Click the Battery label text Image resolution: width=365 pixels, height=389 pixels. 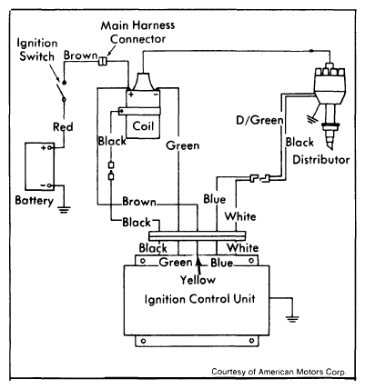click(35, 201)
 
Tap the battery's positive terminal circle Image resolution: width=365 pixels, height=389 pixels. click(49, 148)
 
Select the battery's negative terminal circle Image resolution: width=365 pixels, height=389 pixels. click(49, 185)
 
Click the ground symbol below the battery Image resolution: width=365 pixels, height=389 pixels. click(64, 210)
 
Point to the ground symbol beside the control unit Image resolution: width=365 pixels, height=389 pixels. click(292, 319)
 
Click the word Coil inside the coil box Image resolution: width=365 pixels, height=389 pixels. click(143, 126)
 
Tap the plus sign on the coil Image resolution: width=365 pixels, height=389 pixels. click(131, 95)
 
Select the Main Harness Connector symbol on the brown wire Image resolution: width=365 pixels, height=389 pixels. click(102, 61)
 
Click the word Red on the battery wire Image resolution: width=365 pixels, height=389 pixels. click(63, 126)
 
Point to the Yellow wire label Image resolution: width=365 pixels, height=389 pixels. click(198, 280)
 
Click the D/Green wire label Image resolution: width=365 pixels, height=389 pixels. click(260, 120)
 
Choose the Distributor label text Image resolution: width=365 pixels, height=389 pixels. click(321, 160)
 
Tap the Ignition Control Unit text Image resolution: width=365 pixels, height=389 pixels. click(200, 299)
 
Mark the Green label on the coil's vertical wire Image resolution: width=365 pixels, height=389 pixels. click(183, 145)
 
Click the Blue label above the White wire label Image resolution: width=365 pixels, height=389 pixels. click(215, 199)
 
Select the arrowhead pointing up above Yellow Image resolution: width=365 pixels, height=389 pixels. click(198, 263)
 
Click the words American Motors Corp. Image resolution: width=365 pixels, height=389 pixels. click(305, 372)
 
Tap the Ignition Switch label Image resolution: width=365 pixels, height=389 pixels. click(36, 50)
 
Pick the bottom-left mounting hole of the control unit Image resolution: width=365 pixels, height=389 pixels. click(144, 341)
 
